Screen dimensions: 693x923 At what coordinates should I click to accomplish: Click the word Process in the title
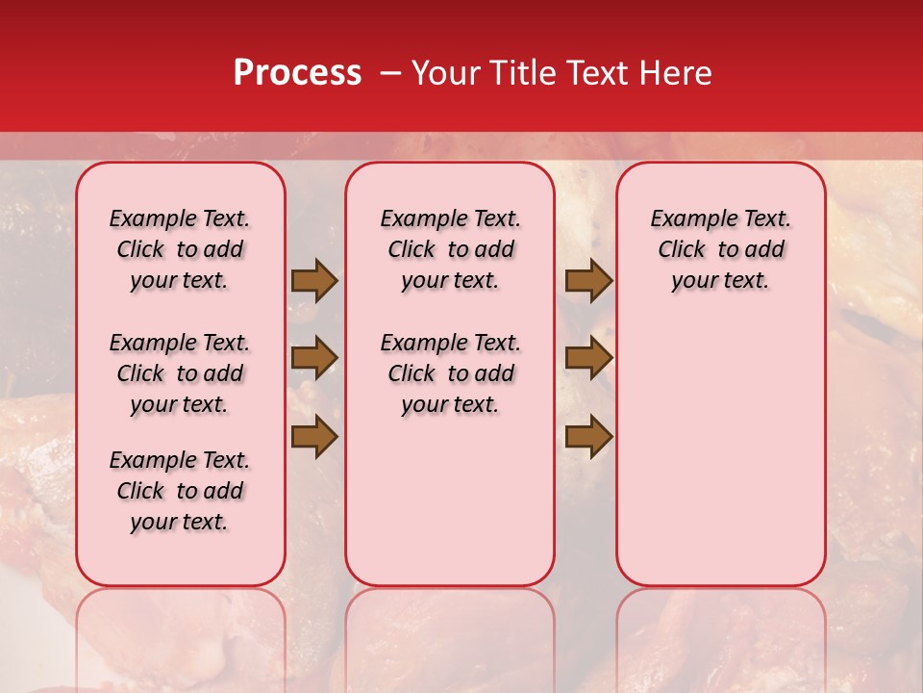pos(297,73)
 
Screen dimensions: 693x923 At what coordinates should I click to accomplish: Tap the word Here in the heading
pos(677,73)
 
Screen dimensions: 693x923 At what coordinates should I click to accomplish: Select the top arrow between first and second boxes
pos(314,281)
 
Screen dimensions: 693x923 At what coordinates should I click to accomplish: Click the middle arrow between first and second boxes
pos(314,358)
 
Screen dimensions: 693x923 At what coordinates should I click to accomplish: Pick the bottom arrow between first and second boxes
pos(314,436)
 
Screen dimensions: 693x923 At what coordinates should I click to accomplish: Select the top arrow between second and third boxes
pos(588,281)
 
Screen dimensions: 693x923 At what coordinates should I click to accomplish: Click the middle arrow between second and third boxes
pos(588,358)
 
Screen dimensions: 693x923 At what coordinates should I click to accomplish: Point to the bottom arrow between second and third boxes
pos(588,436)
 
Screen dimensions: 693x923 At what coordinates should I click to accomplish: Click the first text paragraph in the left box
pos(180,249)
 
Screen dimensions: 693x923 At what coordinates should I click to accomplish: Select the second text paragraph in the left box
pos(180,373)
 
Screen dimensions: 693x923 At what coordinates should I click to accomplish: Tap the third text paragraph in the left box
pos(180,491)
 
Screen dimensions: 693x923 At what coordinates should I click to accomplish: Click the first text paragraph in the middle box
pos(450,249)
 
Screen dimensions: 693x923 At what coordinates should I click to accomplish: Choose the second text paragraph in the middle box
pos(450,373)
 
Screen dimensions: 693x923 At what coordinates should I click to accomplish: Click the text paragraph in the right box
pos(720,249)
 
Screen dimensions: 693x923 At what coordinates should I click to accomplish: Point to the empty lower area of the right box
pos(720,452)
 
